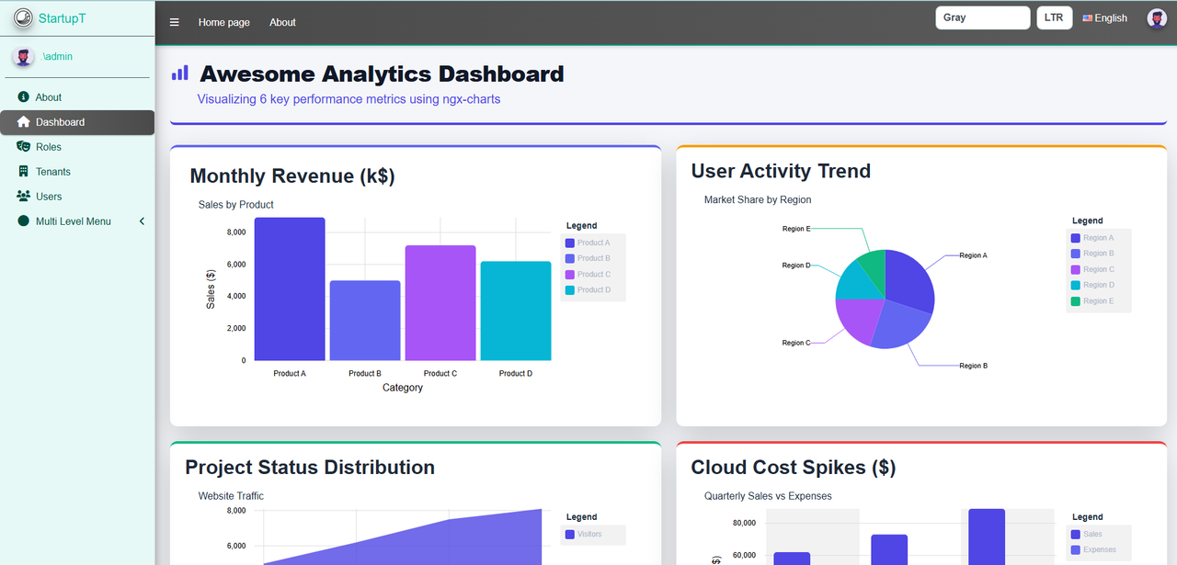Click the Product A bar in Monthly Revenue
[x=290, y=289]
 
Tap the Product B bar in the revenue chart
[x=365, y=321]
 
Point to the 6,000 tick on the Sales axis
[x=235, y=265]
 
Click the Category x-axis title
[x=403, y=388]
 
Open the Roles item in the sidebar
[x=48, y=147]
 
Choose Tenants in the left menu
[x=52, y=172]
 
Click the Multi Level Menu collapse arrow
[x=142, y=221]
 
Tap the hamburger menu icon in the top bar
[x=175, y=22]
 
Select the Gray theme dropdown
[x=982, y=17]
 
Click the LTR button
[x=1054, y=17]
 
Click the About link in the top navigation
[x=282, y=22]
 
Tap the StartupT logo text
[x=62, y=17]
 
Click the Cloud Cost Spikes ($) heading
[x=793, y=467]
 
